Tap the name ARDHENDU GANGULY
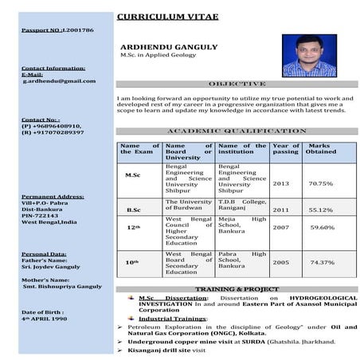coord(167,47)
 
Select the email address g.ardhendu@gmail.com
coord(53,80)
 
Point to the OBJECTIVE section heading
coord(237,84)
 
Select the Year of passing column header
coord(285,148)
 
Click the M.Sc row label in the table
coord(134,174)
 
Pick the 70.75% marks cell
coord(320,183)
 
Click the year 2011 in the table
coord(282,209)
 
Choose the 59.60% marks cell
coord(322,227)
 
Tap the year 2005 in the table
coord(282,261)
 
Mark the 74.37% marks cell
coord(322,261)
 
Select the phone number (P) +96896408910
coord(52,125)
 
